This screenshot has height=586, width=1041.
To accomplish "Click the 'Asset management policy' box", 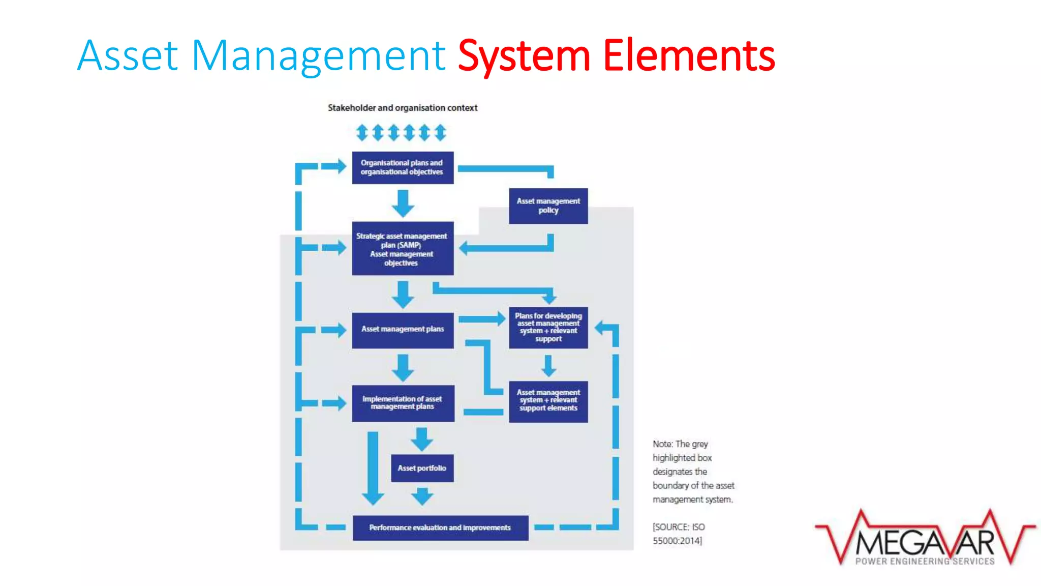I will [x=548, y=206].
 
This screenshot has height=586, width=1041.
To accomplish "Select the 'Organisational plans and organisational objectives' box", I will [x=402, y=167].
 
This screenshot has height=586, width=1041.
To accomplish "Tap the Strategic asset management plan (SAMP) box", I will [x=402, y=248].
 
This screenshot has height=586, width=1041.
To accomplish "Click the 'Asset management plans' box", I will [x=402, y=330].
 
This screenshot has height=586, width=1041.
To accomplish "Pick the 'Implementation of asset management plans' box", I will [x=403, y=403].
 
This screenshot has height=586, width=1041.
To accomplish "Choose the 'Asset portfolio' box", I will [x=422, y=468].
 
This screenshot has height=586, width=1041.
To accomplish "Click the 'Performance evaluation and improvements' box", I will [x=440, y=528].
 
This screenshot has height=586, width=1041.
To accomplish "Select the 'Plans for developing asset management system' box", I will [x=548, y=327].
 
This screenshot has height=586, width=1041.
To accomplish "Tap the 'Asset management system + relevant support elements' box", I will [x=548, y=401].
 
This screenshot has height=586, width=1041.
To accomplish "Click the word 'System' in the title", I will [x=524, y=56].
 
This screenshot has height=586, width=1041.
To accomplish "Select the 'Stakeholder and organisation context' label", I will [x=402, y=108].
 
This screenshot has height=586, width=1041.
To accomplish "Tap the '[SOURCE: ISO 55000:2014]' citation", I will [x=678, y=534].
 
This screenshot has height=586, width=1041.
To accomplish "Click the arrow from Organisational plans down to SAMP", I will [x=403, y=203].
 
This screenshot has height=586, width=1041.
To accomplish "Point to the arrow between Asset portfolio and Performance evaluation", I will [x=422, y=495].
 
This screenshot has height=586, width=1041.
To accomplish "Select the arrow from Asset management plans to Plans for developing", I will [x=481, y=319].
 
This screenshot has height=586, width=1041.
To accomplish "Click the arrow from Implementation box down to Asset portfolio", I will [x=422, y=439].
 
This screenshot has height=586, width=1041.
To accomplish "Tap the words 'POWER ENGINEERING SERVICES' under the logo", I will [x=925, y=561].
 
